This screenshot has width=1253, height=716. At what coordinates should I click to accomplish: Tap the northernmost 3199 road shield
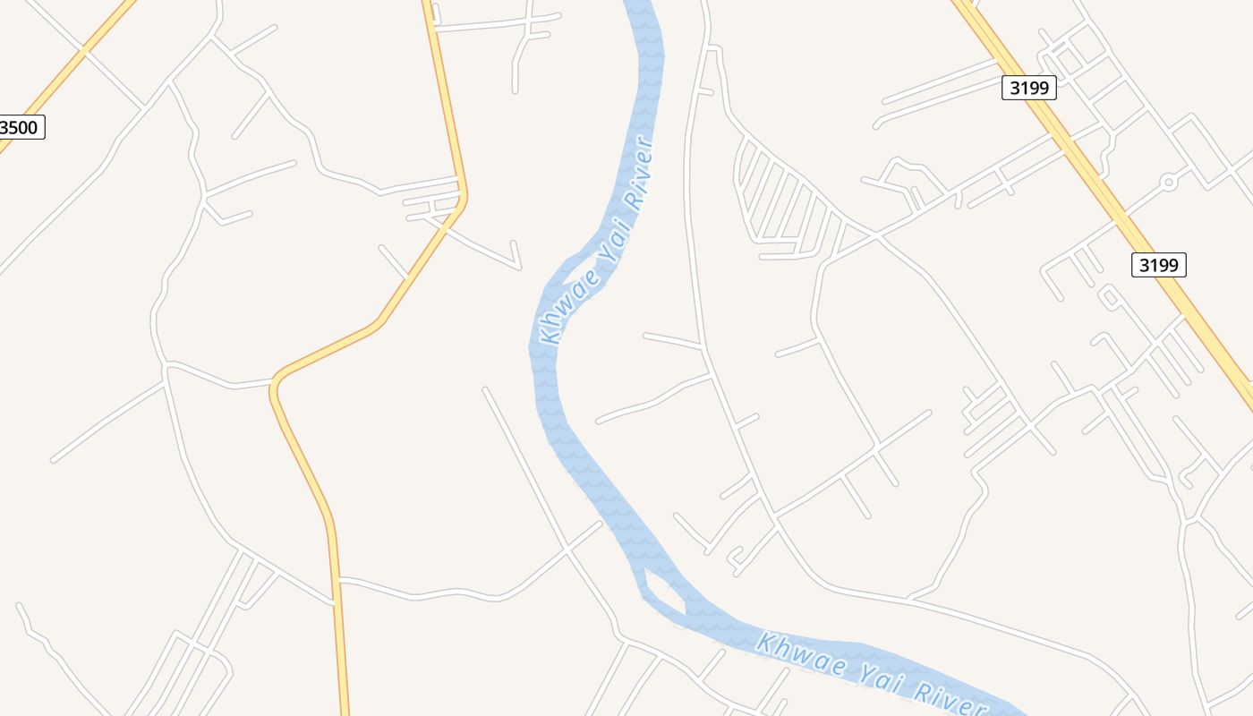coord(1029,87)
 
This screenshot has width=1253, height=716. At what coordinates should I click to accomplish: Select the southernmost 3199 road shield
coord(1158,265)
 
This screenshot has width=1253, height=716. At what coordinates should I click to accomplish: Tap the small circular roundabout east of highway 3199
coord(1167,182)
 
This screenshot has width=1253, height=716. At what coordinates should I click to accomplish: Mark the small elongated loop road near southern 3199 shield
coord(1110,298)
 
